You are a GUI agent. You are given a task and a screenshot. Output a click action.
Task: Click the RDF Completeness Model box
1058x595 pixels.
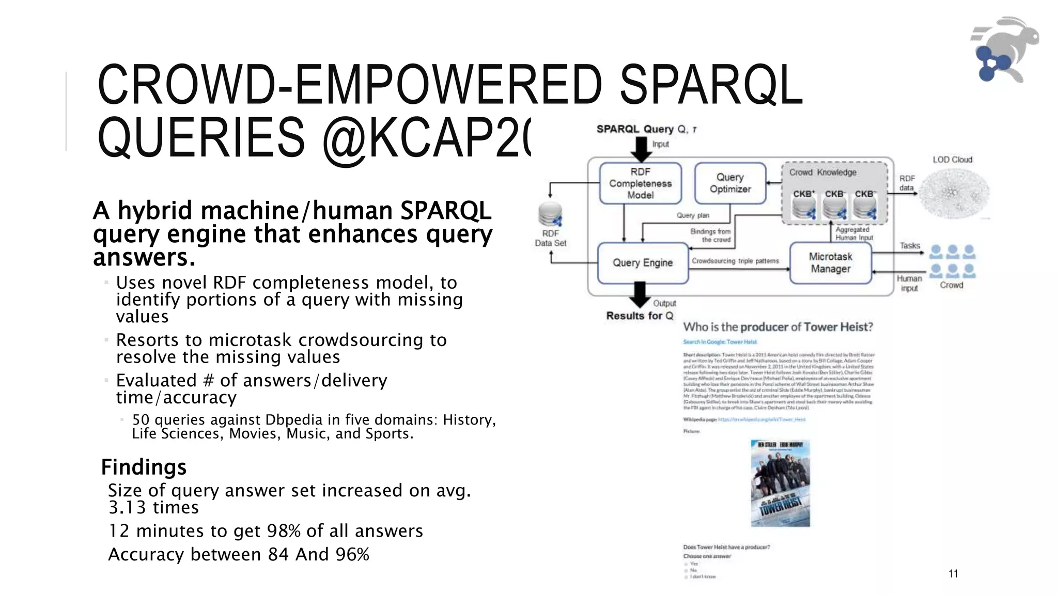(640, 183)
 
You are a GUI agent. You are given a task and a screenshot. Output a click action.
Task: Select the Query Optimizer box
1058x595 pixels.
(730, 183)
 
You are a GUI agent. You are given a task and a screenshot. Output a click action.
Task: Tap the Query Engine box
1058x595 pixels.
(643, 263)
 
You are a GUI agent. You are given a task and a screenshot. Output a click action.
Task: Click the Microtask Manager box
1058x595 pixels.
(830, 263)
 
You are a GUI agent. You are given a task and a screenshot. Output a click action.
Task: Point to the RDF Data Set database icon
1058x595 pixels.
(550, 215)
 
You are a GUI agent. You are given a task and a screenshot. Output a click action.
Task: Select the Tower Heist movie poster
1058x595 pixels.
(780, 483)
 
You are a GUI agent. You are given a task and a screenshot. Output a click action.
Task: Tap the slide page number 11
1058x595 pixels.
(953, 573)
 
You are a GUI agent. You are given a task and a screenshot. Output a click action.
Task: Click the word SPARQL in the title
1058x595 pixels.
(711, 85)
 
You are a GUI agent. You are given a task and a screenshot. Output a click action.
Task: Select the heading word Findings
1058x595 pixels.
(144, 467)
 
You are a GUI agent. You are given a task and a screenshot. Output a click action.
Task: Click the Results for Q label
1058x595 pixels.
(640, 316)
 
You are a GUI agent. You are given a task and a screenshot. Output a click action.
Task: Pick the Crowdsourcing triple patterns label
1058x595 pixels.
(735, 261)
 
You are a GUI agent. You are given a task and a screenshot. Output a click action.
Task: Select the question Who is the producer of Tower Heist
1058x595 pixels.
(778, 327)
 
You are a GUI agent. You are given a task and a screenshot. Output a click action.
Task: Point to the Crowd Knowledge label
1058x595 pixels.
(822, 173)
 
